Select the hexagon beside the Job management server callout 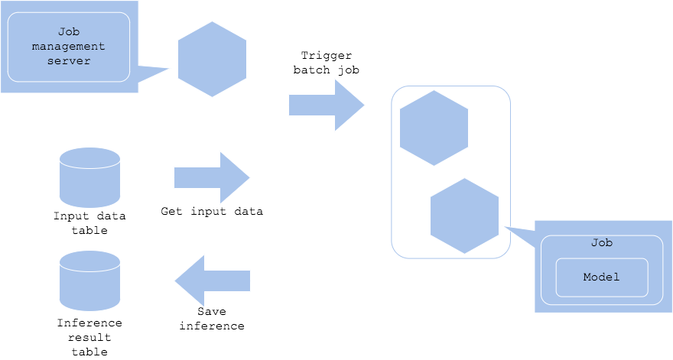pyautogui.click(x=212, y=59)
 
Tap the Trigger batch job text pyautogui.click(x=327, y=63)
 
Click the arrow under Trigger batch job pyautogui.click(x=325, y=105)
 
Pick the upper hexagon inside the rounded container pyautogui.click(x=434, y=128)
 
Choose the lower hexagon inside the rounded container pyautogui.click(x=464, y=216)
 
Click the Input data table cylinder pyautogui.click(x=89, y=177)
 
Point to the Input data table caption pyautogui.click(x=89, y=223)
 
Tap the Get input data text pyautogui.click(x=212, y=211)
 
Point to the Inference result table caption pyautogui.click(x=89, y=337)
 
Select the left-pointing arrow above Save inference pyautogui.click(x=212, y=281)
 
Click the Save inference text pyautogui.click(x=212, y=319)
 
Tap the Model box pyautogui.click(x=601, y=277)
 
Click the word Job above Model pyautogui.click(x=601, y=242)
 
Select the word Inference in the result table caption pyautogui.click(x=89, y=323)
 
